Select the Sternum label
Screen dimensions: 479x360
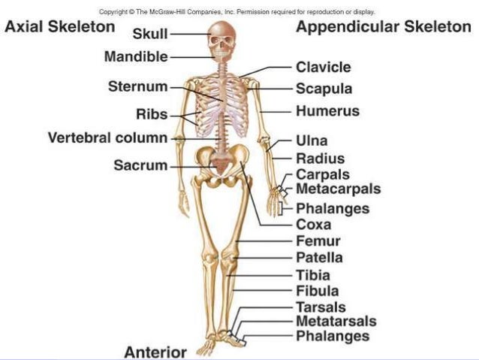coord(137,87)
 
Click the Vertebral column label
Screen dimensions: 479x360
coord(108,138)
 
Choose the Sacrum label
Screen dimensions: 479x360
coord(140,165)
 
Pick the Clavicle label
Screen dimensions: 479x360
coord(323,67)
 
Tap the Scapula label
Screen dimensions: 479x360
coord(324,89)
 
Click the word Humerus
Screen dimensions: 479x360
coord(327,111)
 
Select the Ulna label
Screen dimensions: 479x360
coord(312,141)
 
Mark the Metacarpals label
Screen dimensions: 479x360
coord(338,189)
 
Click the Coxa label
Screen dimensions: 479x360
coord(314,225)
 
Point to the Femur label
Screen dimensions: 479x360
coord(318,241)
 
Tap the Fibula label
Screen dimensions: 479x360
coord(318,291)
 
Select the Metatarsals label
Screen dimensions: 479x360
coord(336,322)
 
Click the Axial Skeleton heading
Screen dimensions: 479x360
coord(60,27)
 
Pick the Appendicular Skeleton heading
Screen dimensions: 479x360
coord(384,27)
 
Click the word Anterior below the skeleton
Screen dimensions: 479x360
coord(155,352)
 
